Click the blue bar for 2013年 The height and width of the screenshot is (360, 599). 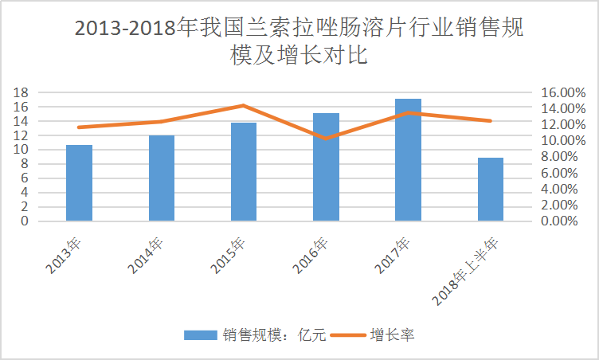[79, 183]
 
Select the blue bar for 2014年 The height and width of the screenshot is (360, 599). [162, 178]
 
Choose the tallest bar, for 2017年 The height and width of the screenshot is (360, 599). [408, 160]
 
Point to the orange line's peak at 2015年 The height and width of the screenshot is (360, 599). [244, 105]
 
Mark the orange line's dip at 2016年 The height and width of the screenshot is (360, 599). [326, 139]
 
